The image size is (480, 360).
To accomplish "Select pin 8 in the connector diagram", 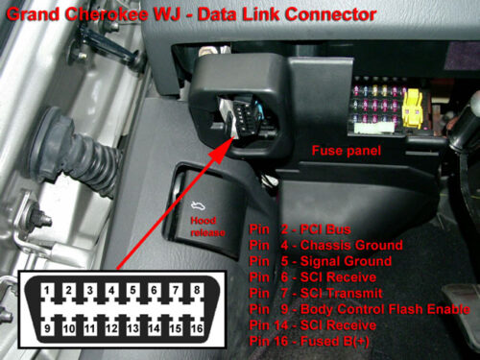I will [x=196, y=289].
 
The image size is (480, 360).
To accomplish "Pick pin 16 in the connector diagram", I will [x=196, y=328].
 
